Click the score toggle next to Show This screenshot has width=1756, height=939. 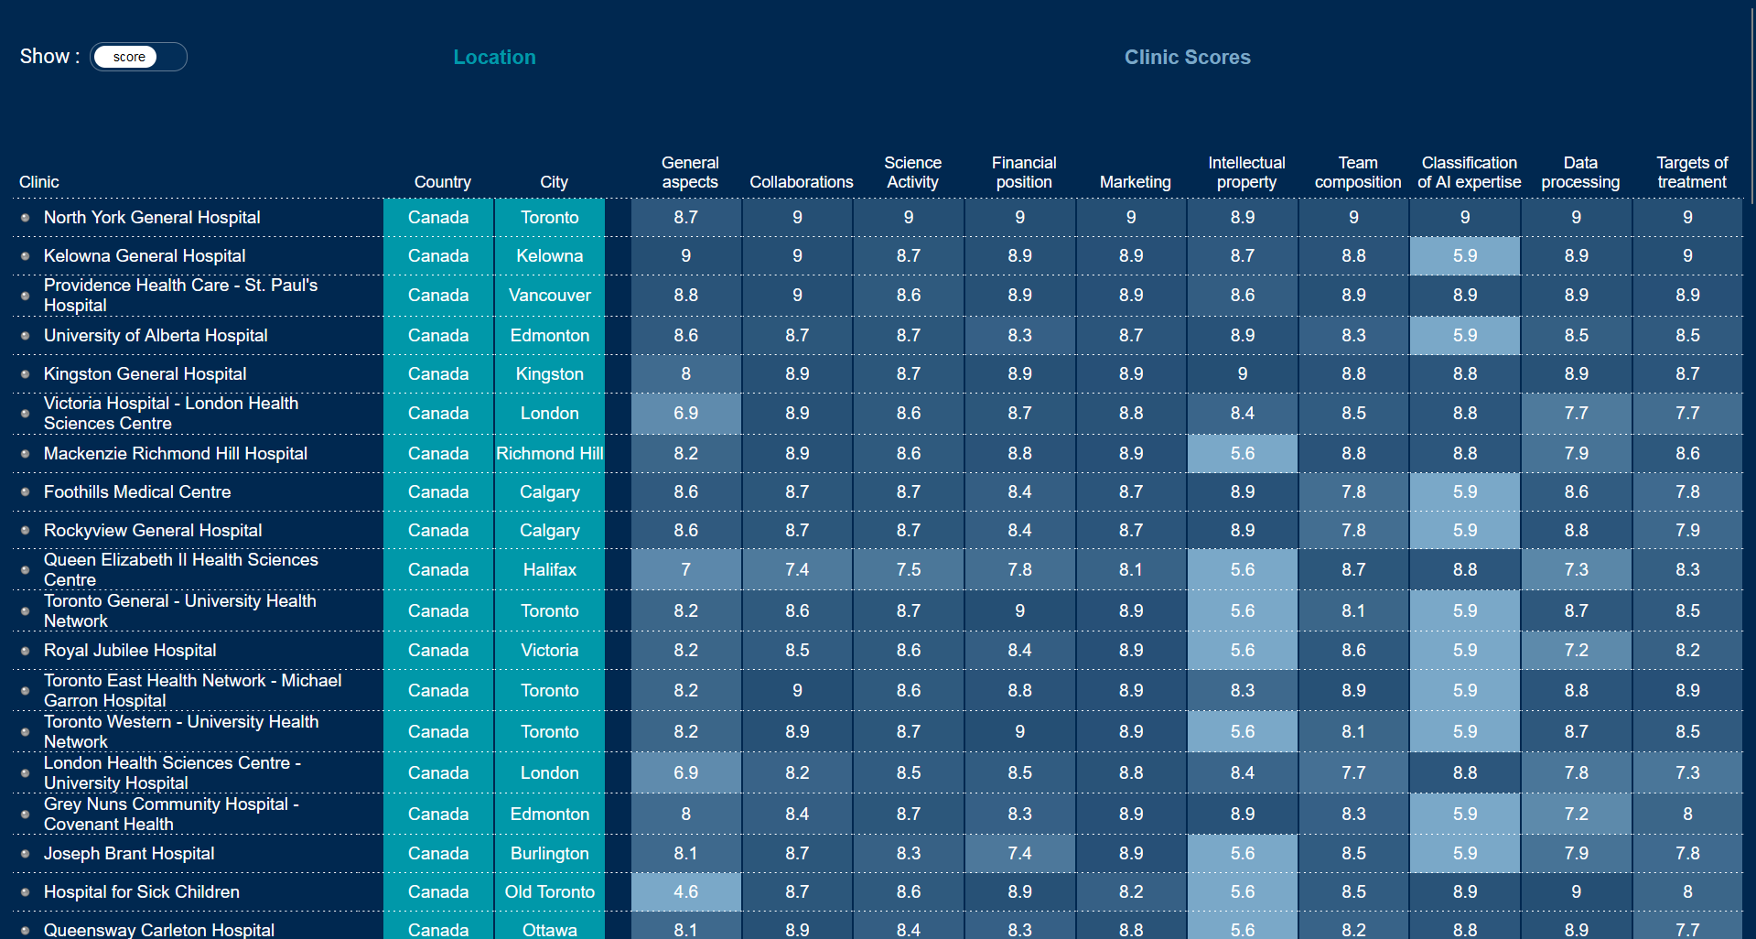pyautogui.click(x=137, y=57)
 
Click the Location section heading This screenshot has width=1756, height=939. pyautogui.click(x=494, y=57)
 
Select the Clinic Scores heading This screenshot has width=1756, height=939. pyautogui.click(x=1187, y=57)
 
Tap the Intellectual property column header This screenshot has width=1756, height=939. pyautogui.click(x=1246, y=172)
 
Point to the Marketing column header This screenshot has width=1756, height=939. pyautogui.click(x=1135, y=182)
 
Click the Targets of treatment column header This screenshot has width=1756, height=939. pyautogui.click(x=1691, y=172)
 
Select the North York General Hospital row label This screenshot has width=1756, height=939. pyautogui.click(x=152, y=217)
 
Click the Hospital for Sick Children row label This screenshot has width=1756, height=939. pyautogui.click(x=142, y=891)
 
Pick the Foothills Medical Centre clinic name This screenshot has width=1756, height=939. pyautogui.click(x=137, y=491)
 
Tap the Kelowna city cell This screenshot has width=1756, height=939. pyautogui.click(x=549, y=255)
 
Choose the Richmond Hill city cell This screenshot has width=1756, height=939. pyautogui.click(x=549, y=453)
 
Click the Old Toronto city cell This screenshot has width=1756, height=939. pyautogui.click(x=549, y=891)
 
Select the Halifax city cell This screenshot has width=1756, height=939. pyautogui.click(x=549, y=569)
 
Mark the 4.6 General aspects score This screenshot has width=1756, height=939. pyautogui.click(x=685, y=891)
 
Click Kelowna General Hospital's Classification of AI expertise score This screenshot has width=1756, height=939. pyautogui.click(x=1464, y=255)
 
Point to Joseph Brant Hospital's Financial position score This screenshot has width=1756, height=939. pyautogui.click(x=1019, y=853)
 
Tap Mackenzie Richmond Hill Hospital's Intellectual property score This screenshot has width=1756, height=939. pyautogui.click(x=1242, y=453)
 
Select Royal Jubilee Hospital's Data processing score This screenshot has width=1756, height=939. pyautogui.click(x=1576, y=650)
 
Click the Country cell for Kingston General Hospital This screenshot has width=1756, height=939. pyautogui.click(x=438, y=373)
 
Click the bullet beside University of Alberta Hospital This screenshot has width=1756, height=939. pyautogui.click(x=26, y=336)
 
